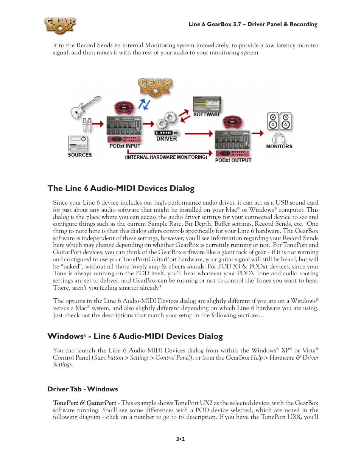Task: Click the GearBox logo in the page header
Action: point(60,26)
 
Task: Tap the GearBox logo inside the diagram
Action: point(155,87)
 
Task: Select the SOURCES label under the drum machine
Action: point(80,155)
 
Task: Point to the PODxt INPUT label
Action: point(125,146)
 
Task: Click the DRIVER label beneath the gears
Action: point(166,139)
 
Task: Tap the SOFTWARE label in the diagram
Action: point(207,115)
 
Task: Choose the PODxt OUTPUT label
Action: point(233,160)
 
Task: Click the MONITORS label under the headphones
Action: point(279,147)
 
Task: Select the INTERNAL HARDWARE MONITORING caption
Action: point(166,157)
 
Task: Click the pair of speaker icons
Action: point(279,121)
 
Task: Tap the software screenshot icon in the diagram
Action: point(207,104)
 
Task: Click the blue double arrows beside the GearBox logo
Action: point(144,104)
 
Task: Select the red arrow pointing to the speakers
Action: point(258,133)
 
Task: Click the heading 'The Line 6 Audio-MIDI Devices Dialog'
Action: point(121,188)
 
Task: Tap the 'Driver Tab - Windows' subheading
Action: point(82,389)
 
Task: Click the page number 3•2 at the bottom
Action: point(180,439)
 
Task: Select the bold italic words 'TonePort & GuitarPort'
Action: point(85,403)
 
